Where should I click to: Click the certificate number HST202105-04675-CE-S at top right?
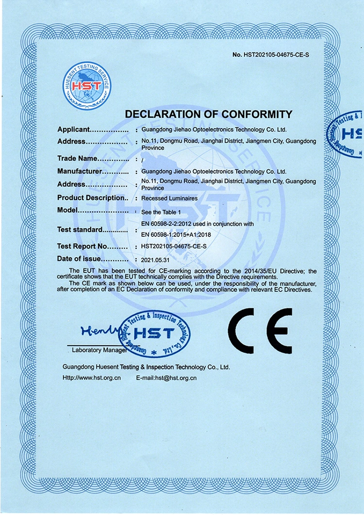(270, 54)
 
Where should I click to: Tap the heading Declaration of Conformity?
(209, 115)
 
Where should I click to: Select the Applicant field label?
(74, 130)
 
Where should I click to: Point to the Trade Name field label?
(78, 158)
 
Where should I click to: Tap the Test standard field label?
(80, 230)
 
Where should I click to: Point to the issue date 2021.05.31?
(154, 260)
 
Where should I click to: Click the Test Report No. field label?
(82, 247)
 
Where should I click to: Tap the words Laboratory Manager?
(99, 349)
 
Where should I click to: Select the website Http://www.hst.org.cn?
(92, 378)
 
